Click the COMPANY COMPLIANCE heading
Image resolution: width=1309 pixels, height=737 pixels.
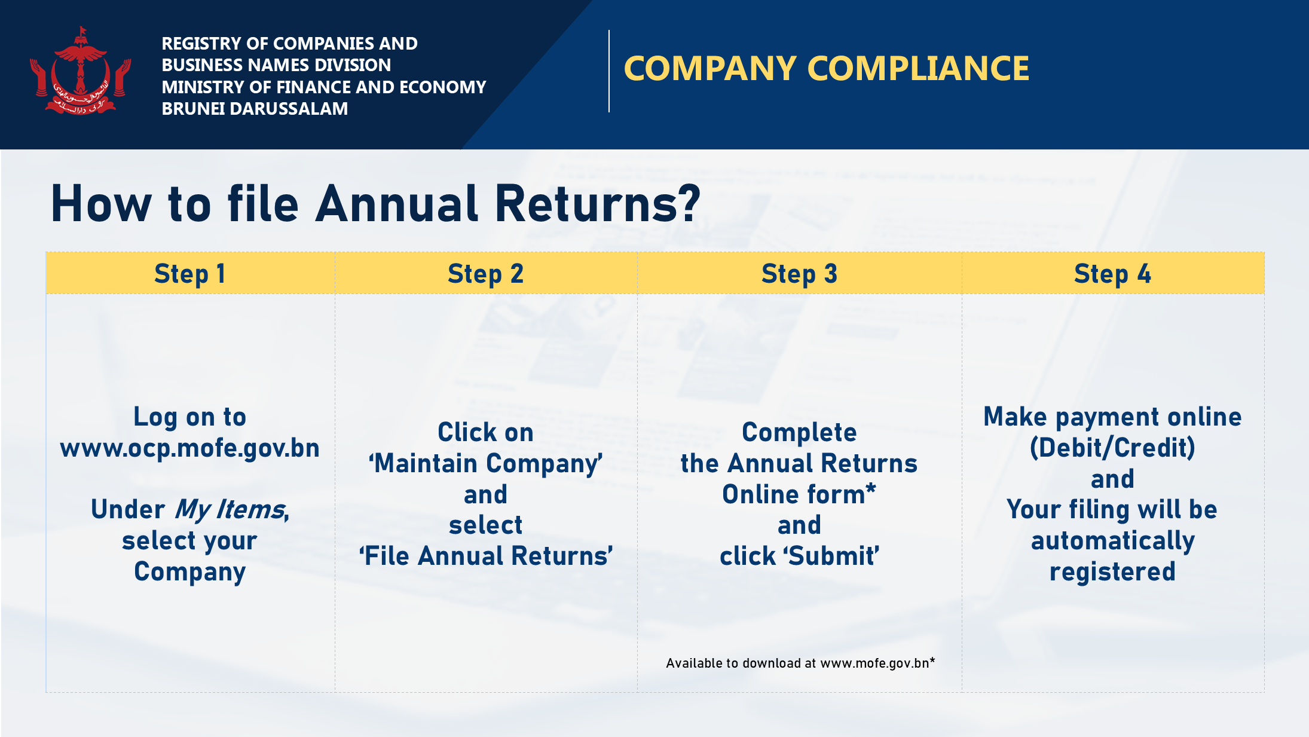(826, 68)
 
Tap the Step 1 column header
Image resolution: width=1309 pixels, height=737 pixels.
(190, 274)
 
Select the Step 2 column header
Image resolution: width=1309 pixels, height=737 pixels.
(486, 274)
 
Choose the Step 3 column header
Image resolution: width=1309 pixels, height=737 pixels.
(800, 274)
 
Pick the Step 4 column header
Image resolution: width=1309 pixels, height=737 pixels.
(1112, 274)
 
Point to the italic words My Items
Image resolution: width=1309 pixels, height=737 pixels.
(230, 510)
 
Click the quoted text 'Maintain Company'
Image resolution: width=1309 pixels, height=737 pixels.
(486, 464)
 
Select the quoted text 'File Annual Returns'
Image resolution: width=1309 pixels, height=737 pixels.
(486, 556)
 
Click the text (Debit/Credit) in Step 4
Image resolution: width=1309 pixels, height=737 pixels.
(1112, 448)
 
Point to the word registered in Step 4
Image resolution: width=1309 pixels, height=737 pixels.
(1112, 572)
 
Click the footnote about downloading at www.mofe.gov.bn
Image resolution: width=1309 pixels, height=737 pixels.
(800, 663)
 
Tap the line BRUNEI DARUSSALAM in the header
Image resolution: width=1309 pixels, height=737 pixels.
(255, 109)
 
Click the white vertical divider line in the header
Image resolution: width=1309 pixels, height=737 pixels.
(609, 71)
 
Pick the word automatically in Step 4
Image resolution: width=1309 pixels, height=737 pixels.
(1112, 541)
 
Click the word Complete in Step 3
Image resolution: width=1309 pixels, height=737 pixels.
(800, 433)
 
